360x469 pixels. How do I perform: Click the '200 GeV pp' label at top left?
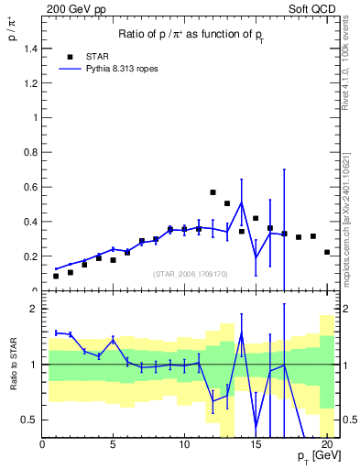[74, 7]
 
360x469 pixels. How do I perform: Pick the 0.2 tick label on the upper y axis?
[31, 256]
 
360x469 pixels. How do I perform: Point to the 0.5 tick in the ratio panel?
[29, 420]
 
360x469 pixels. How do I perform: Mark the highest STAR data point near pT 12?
[213, 192]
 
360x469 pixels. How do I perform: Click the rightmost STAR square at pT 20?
[327, 252]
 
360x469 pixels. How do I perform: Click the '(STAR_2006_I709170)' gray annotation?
[191, 273]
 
